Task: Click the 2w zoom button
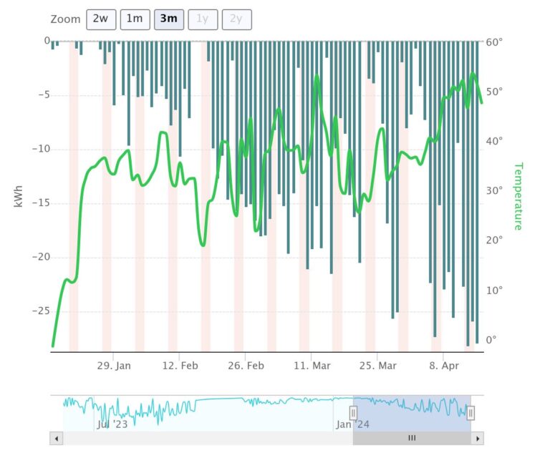[100, 19]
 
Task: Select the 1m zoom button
[135, 19]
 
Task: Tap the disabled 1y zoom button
[203, 19]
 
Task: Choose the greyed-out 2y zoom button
[236, 19]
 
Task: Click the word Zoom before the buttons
[65, 19]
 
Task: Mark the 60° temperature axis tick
[494, 42]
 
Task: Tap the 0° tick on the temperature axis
[491, 340]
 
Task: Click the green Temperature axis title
[517, 196]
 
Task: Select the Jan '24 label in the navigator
[352, 424]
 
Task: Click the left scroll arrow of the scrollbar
[55, 438]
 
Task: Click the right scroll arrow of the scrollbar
[478, 438]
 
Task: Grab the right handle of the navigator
[471, 413]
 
